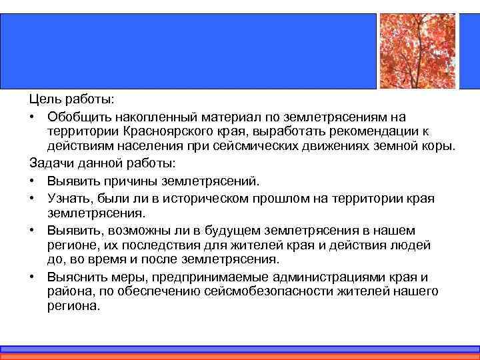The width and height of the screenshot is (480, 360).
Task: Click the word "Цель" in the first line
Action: pyautogui.click(x=43, y=99)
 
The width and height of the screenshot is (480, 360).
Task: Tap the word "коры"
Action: pyautogui.click(x=441, y=146)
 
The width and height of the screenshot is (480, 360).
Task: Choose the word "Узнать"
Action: pyautogui.click(x=70, y=197)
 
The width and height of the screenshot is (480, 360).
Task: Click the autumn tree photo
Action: pyautogui.click(x=417, y=51)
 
